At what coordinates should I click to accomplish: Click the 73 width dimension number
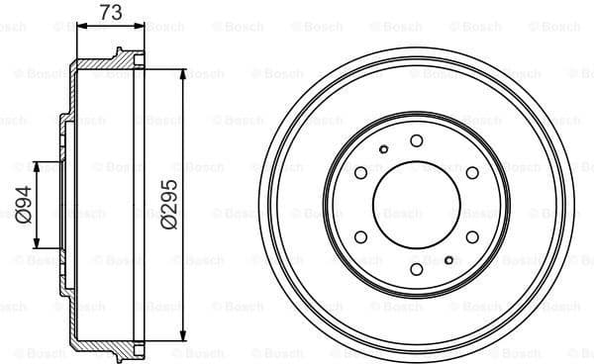[x=111, y=13]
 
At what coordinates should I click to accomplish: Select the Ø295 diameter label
[x=168, y=206]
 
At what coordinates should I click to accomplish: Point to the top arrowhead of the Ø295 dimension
[x=184, y=73]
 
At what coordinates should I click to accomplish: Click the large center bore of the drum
[x=417, y=204]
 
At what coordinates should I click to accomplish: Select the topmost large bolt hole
[x=417, y=140]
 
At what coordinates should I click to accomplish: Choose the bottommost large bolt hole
[x=417, y=268]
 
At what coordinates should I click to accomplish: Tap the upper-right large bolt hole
[x=472, y=172]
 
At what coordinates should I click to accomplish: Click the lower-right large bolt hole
[x=472, y=236]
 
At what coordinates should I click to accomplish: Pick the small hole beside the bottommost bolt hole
[x=449, y=259]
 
